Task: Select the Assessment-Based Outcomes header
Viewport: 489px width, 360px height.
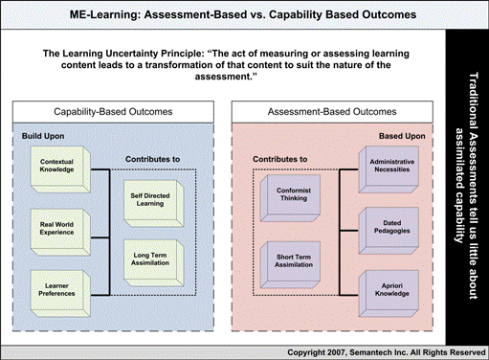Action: pos(339,112)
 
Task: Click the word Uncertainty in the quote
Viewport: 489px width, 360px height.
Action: pos(169,54)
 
